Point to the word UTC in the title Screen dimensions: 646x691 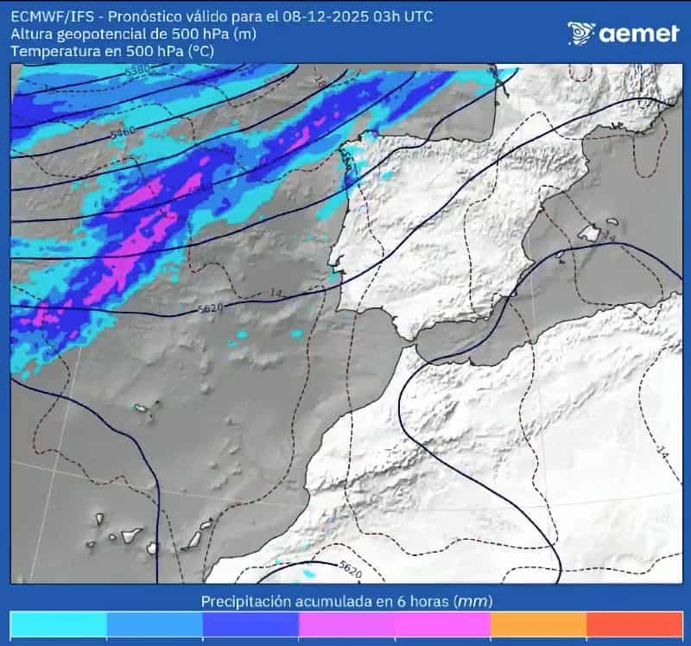pyautogui.click(x=417, y=16)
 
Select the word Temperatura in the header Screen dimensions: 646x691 pyautogui.click(x=51, y=51)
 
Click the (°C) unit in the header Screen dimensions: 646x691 pyautogui.click(x=198, y=51)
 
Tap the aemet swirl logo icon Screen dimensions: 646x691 pyautogui.click(x=581, y=33)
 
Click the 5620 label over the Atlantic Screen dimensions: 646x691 pyautogui.click(x=211, y=308)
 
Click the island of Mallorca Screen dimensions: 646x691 pyautogui.click(x=592, y=231)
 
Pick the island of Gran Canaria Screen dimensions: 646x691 pyautogui.click(x=153, y=547)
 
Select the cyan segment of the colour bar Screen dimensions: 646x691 pyautogui.click(x=58, y=625)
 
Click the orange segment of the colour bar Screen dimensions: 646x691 pyautogui.click(x=538, y=625)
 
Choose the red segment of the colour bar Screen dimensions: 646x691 pyautogui.click(x=634, y=625)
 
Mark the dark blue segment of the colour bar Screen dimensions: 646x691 pyautogui.click(x=250, y=625)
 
